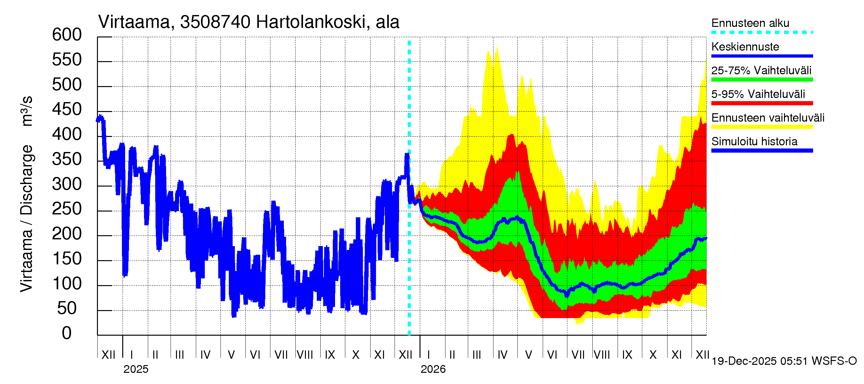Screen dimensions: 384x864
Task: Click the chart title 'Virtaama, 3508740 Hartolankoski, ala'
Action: (249, 22)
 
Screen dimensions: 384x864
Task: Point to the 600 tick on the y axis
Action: (67, 35)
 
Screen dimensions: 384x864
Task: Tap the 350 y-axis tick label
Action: (67, 159)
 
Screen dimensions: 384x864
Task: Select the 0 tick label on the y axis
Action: (67, 333)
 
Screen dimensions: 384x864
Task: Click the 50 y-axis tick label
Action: (67, 308)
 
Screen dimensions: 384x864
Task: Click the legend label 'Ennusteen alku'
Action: (750, 23)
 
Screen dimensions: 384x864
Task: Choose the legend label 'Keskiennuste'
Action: (745, 47)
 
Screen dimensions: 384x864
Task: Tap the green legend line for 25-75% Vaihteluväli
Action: (762, 79)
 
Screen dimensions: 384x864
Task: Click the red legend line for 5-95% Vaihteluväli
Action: (762, 103)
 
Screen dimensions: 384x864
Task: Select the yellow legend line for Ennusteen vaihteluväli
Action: (762, 127)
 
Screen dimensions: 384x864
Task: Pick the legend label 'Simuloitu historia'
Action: (754, 141)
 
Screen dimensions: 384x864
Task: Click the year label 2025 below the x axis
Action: (136, 369)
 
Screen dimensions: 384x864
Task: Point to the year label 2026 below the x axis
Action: (433, 369)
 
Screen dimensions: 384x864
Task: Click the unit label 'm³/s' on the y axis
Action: (27, 111)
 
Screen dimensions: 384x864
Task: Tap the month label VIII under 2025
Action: (305, 355)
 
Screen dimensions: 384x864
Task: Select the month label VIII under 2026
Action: (602, 355)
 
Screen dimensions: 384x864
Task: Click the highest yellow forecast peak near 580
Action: (497, 47)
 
